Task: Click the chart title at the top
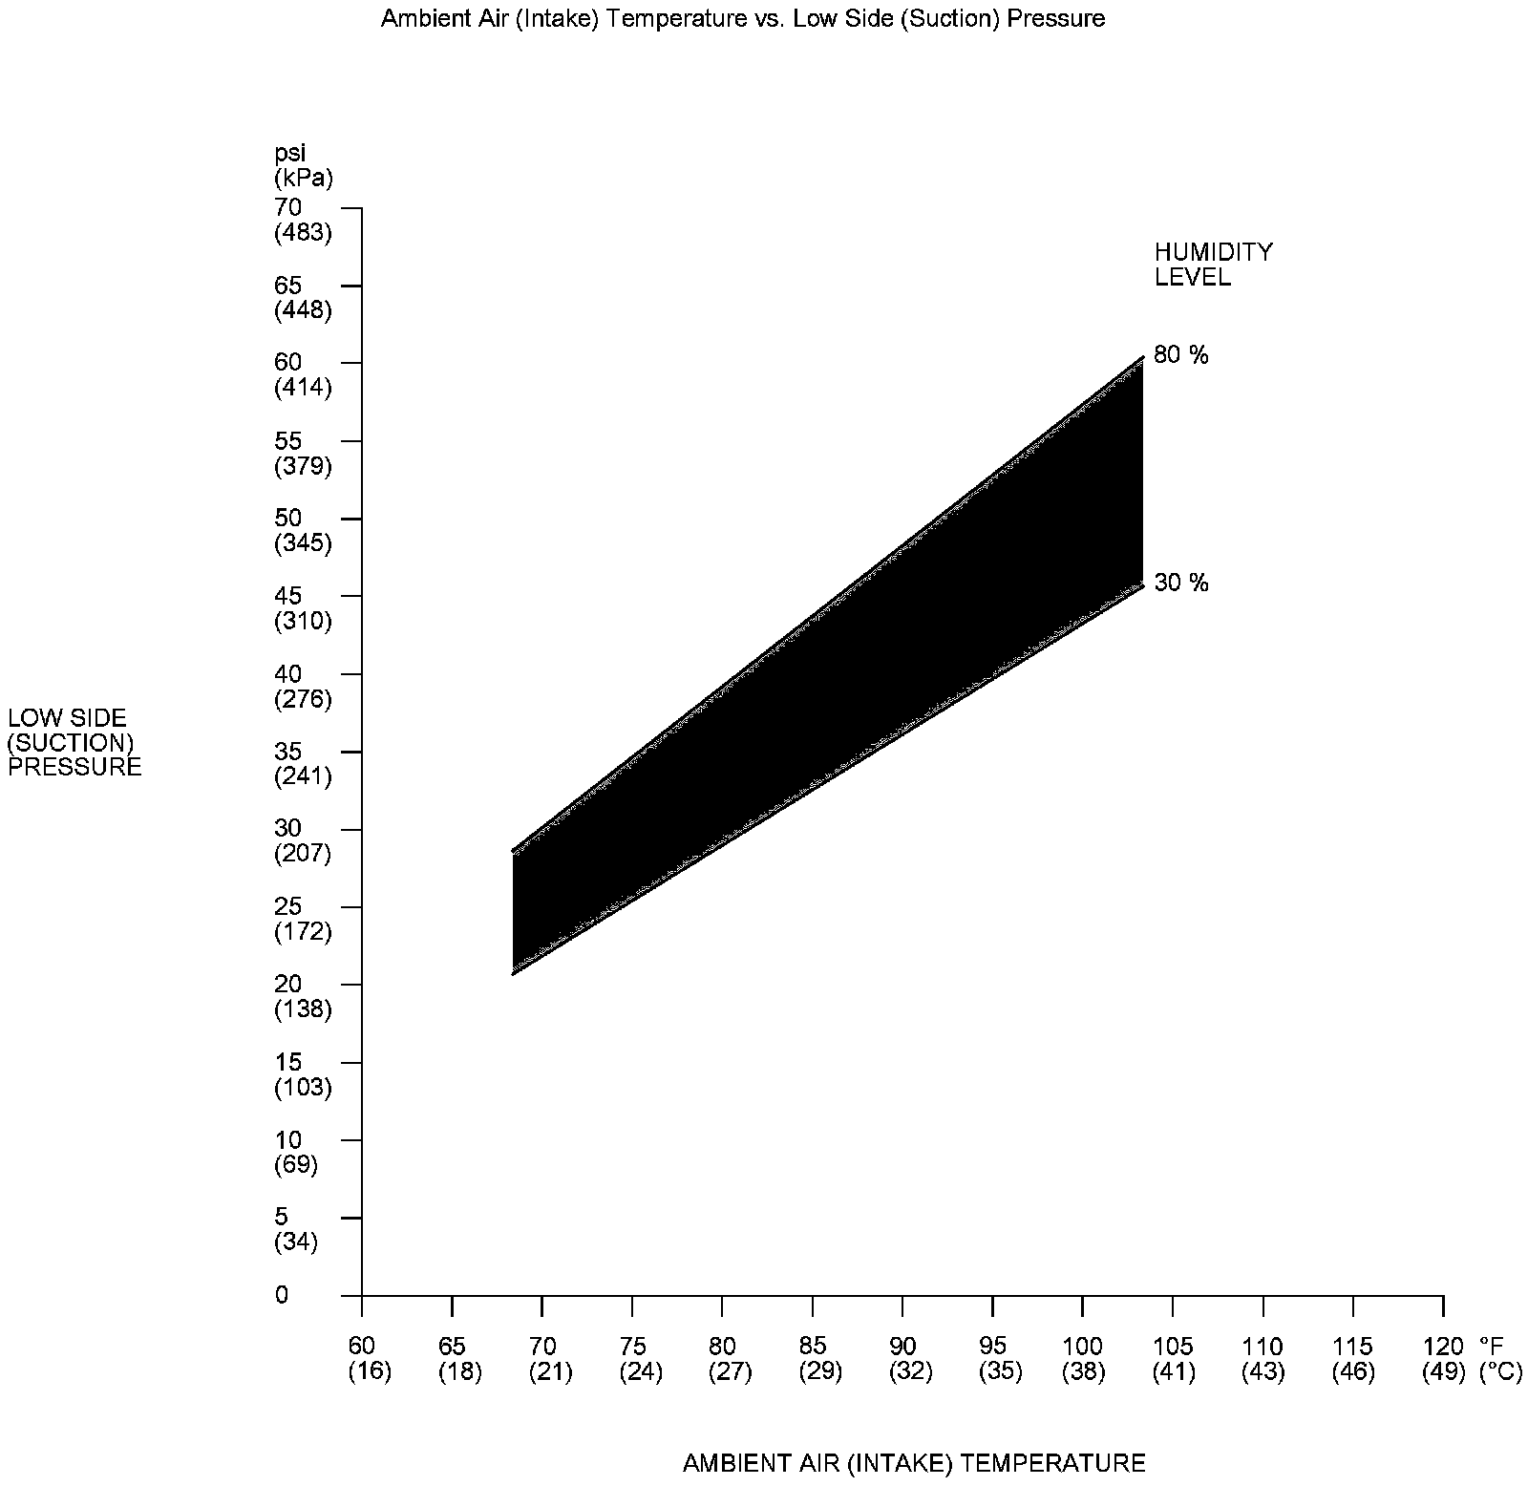(x=742, y=19)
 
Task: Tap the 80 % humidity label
(x=1180, y=355)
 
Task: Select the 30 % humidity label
(x=1180, y=583)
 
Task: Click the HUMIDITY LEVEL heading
(x=1213, y=265)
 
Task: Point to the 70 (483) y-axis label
(x=302, y=220)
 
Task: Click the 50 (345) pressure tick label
(x=302, y=531)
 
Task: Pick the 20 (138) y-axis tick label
(x=302, y=996)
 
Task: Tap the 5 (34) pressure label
(x=295, y=1229)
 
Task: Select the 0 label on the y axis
(x=281, y=1295)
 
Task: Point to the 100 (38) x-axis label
(x=1082, y=1359)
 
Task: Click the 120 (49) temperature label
(x=1442, y=1359)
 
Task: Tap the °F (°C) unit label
(x=1500, y=1359)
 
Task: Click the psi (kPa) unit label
(x=303, y=165)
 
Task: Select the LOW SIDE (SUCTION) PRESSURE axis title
(x=74, y=742)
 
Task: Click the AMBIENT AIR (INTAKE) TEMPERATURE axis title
(x=914, y=1463)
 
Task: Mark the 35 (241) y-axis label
(x=302, y=764)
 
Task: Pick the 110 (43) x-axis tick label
(x=1263, y=1359)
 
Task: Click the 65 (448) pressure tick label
(x=302, y=297)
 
